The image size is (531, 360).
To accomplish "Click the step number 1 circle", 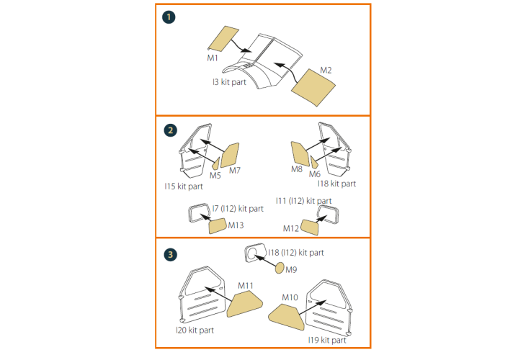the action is (169, 17).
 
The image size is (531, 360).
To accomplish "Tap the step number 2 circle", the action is (170, 130).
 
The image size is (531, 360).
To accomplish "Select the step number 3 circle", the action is (170, 254).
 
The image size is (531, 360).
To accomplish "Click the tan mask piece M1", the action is (223, 39).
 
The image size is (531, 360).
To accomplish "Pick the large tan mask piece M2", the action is (313, 88).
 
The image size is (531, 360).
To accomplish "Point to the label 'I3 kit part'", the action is (229, 82).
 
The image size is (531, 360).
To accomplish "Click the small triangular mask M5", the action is (216, 163).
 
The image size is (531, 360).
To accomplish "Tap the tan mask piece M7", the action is (230, 156).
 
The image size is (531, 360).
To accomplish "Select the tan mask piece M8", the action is (300, 153).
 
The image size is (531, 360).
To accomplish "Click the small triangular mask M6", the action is (314, 163).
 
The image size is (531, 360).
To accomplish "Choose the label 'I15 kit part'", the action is (184, 186).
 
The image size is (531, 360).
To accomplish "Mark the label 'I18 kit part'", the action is (336, 184).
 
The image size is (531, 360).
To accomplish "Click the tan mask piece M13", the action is (218, 226).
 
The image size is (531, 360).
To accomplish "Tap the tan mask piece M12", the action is (310, 227).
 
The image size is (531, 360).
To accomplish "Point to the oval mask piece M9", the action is (280, 268).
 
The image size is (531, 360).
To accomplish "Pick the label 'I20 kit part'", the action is (195, 330).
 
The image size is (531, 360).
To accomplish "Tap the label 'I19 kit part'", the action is (327, 340).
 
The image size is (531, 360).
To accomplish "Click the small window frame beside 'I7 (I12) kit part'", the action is (190, 214).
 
